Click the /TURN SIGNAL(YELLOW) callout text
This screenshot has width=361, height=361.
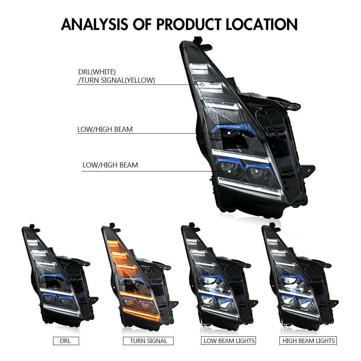pos(116,80)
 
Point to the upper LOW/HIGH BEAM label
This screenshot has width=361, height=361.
pos(105,129)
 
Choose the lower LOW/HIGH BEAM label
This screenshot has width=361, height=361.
pos(110,165)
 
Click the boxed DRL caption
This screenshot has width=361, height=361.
pos(66,340)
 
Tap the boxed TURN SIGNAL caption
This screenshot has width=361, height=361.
pos(148,340)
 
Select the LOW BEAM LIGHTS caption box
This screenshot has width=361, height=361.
pos(229,340)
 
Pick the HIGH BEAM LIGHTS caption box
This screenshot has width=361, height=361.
pos(309,340)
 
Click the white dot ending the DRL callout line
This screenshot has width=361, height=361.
pos(203,85)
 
